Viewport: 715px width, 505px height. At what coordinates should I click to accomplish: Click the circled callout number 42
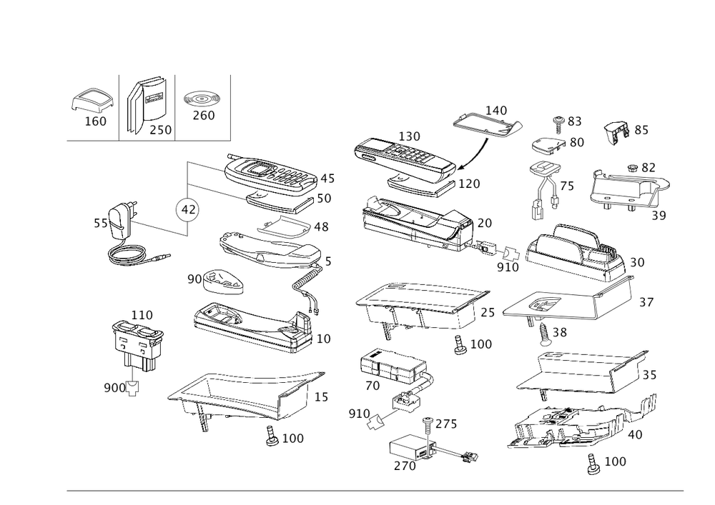(x=188, y=209)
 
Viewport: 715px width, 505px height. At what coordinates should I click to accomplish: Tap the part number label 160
(x=95, y=122)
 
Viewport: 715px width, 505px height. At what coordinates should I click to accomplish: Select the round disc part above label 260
(x=203, y=98)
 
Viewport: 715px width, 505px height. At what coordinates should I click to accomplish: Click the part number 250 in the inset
(x=159, y=129)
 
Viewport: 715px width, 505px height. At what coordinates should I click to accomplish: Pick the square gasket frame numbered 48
(x=285, y=229)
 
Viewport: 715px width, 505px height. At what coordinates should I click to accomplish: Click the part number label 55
(x=101, y=224)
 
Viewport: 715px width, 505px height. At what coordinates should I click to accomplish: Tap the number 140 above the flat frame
(x=496, y=111)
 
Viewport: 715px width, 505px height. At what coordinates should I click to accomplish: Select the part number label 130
(x=410, y=136)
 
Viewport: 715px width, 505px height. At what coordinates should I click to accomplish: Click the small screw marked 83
(x=561, y=121)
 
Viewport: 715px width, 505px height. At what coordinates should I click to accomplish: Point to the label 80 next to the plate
(x=576, y=142)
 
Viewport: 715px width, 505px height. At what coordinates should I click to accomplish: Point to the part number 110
(x=142, y=315)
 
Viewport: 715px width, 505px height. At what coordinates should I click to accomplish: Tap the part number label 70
(x=372, y=386)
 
